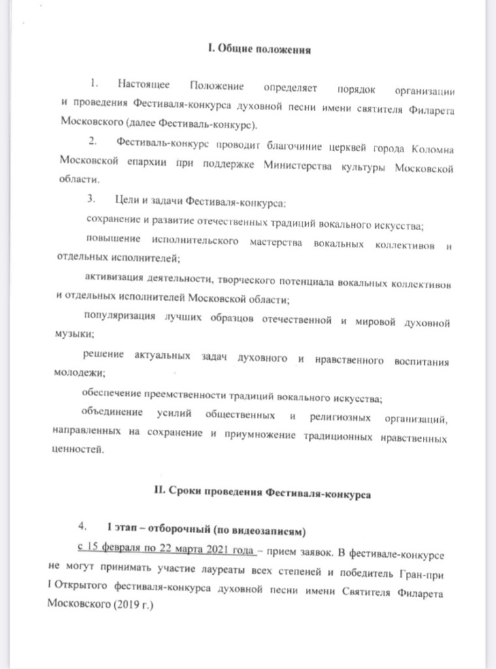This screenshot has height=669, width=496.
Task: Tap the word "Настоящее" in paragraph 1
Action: pos(145,86)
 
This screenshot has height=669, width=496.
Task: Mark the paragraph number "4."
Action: pos(82,526)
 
